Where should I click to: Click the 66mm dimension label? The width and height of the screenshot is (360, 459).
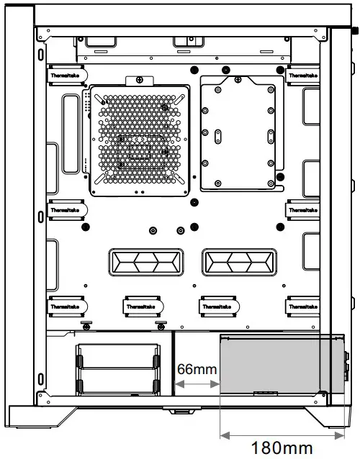[x=197, y=368]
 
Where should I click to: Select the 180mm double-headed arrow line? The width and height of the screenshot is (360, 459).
[x=282, y=434]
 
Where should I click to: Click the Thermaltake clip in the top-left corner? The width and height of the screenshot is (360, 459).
[x=67, y=75]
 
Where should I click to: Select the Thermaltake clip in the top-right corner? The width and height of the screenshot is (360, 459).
[x=304, y=75]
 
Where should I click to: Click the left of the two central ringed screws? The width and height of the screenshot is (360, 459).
[x=152, y=231]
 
